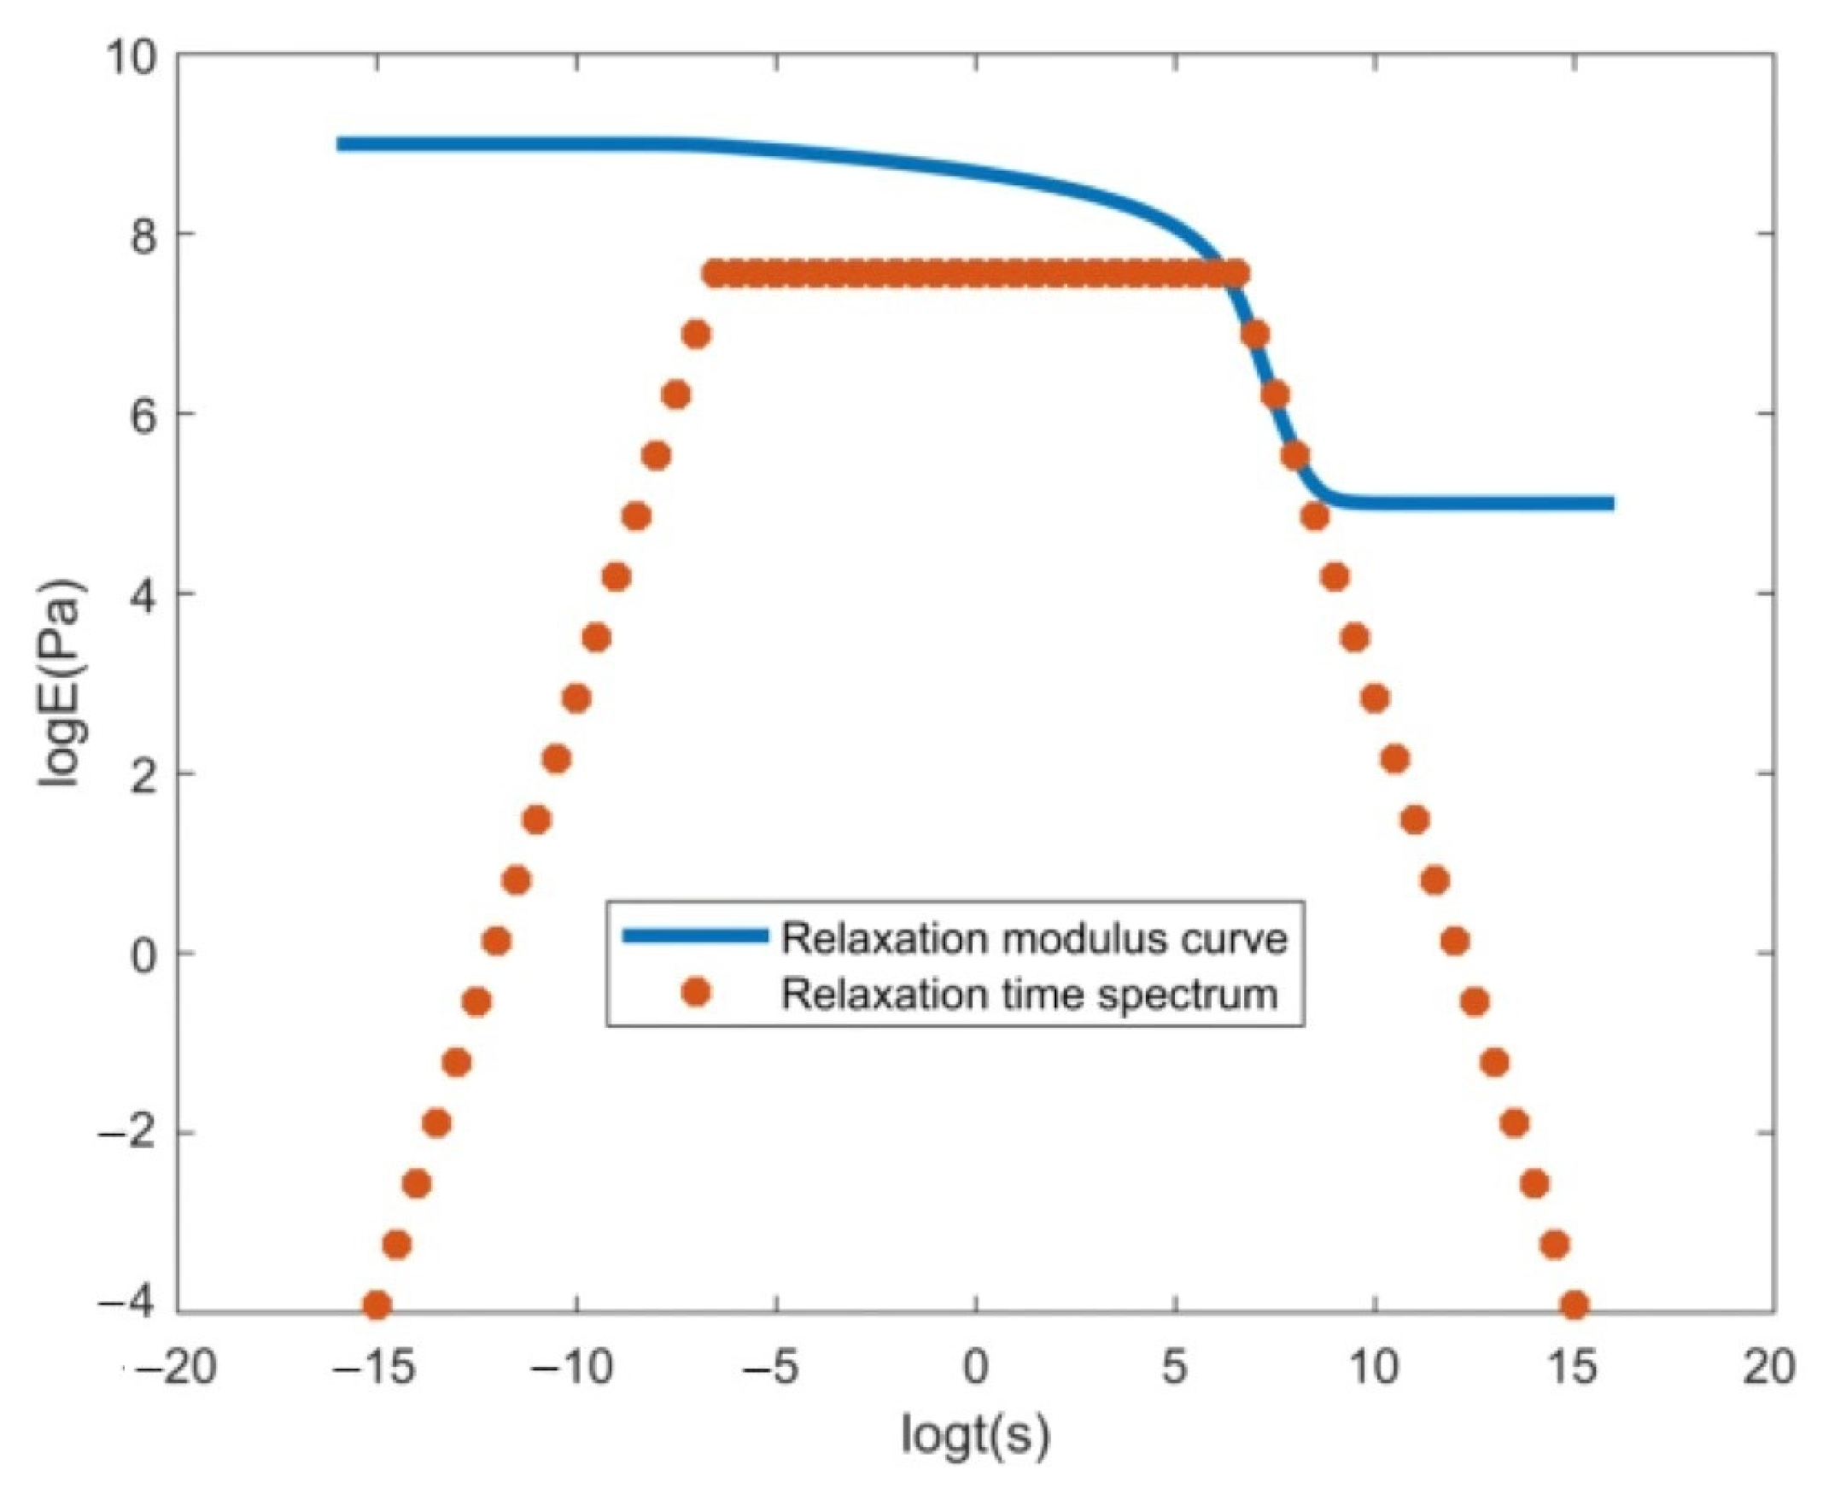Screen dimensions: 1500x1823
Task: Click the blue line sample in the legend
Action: [x=696, y=936]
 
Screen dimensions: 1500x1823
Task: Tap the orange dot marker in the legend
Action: [x=696, y=993]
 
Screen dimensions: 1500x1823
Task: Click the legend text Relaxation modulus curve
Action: [x=1034, y=937]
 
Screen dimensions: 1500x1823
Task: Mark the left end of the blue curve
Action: [x=341, y=144]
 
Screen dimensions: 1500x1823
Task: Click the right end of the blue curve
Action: [x=1611, y=503]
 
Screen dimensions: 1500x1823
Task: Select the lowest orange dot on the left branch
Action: [x=376, y=1304]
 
